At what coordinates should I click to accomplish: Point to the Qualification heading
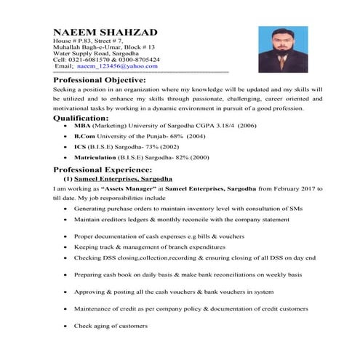tap(81, 117)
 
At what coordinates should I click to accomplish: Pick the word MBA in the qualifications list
tap(81, 126)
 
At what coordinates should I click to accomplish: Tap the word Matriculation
tap(96, 156)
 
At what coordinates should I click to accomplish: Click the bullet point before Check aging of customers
tap(65, 325)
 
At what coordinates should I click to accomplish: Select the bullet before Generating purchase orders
tap(65, 208)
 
